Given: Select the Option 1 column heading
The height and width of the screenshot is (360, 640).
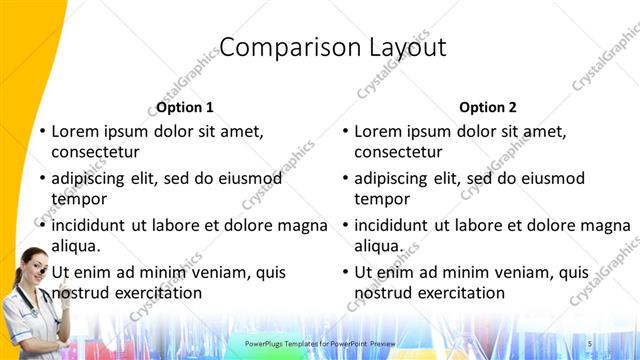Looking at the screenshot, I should [185, 107].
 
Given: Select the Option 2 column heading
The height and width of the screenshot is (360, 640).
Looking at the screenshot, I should [488, 107].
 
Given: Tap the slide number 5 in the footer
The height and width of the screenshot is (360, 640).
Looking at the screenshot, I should [590, 344].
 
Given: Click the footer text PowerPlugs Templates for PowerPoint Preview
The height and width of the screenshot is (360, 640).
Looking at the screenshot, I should [320, 344].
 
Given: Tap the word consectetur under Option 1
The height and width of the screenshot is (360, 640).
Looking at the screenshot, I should [95, 152].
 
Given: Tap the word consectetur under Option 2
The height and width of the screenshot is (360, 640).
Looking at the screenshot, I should [398, 152].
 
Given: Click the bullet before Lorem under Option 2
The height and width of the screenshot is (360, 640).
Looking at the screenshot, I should [343, 131].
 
